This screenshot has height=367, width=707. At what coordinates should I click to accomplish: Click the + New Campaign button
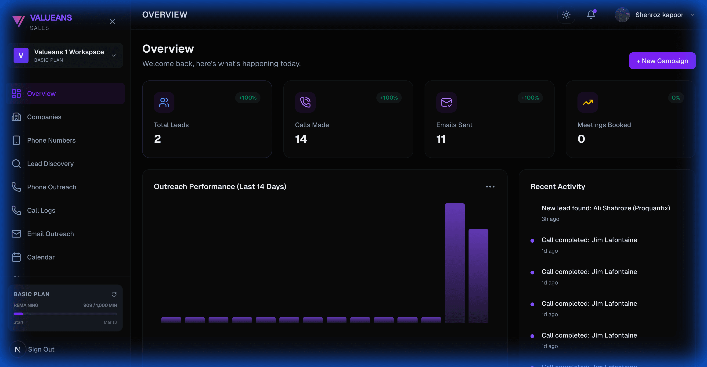[662, 61]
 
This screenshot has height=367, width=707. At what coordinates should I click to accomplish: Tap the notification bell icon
[591, 15]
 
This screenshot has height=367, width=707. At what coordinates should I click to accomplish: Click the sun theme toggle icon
[566, 15]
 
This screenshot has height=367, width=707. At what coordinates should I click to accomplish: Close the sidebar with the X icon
[112, 22]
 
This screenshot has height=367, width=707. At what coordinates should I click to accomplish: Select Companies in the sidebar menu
[44, 117]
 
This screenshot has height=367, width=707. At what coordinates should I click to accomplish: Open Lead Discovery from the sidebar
[50, 164]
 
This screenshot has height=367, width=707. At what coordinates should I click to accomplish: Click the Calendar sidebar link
[41, 257]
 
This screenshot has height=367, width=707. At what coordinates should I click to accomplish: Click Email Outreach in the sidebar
[50, 234]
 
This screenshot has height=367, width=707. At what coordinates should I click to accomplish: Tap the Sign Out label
[41, 349]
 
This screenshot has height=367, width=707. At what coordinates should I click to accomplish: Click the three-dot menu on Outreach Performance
[490, 187]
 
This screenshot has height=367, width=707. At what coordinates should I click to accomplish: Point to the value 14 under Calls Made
[301, 139]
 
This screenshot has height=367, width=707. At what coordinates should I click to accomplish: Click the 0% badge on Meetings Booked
[676, 98]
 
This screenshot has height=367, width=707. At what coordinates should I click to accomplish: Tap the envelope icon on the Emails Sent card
[446, 102]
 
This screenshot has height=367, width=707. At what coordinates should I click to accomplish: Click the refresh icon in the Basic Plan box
[114, 294]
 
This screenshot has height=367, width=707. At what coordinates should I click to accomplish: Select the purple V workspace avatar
[21, 55]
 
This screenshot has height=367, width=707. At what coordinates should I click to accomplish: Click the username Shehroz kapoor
[659, 15]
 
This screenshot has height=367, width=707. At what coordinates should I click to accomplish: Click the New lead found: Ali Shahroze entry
[606, 208]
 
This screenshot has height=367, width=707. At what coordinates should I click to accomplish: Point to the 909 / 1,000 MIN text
[100, 305]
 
